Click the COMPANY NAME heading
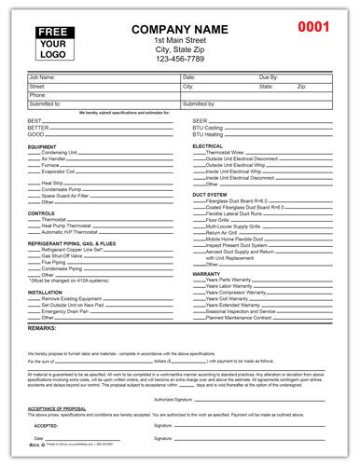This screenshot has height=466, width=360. point(181,29)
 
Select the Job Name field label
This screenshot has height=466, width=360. point(42,76)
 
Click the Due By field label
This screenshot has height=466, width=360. point(267,76)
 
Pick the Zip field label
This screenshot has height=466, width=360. point(300,86)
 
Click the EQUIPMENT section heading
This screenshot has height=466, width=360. point(45,145)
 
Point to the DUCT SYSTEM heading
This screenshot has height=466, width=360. point(210,195)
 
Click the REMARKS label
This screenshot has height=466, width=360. point(44,330)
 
